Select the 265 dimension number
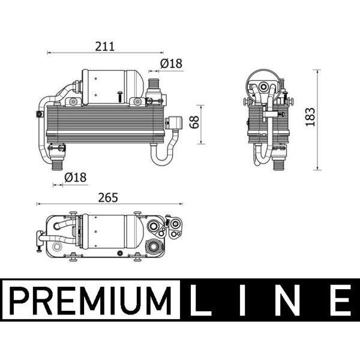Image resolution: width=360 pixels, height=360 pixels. coord(107,197)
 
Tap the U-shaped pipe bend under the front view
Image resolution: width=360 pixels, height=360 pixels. coord(162,157)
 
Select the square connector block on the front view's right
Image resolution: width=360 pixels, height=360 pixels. coord(178,122)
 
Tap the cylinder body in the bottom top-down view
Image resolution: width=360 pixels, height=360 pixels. coord(111,230)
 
